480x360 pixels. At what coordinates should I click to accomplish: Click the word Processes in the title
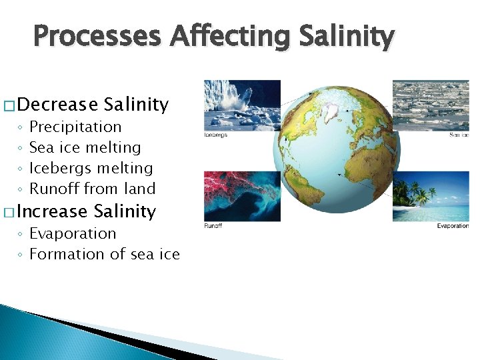point(97,37)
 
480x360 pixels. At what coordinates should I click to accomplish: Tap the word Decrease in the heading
point(58,105)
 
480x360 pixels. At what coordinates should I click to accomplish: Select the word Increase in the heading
point(53,211)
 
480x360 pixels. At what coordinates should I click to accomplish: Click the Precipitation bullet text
point(76,127)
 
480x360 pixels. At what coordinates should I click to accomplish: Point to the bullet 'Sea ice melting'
point(85,147)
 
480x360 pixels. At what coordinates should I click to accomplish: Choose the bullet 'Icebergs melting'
point(91,168)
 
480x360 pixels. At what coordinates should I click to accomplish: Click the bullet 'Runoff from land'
point(93,189)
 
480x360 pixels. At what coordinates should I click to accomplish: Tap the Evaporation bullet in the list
point(73,233)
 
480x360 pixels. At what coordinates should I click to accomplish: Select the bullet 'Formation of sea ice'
point(105,254)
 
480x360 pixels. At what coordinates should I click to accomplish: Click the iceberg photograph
point(242,105)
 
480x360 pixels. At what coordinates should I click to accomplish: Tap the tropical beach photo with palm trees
point(431,196)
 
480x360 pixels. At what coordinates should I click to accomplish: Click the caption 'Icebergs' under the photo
point(216,135)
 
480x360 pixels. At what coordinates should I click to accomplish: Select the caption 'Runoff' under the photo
point(213,226)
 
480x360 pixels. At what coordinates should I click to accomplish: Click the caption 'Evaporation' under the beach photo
point(453,226)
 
